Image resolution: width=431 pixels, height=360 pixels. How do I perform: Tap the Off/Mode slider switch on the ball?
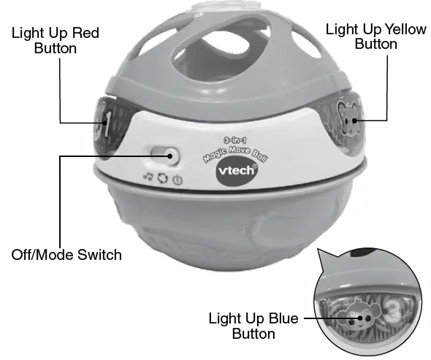pyautogui.click(x=164, y=154)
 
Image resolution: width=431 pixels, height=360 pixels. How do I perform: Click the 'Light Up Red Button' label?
pyautogui.click(x=55, y=40)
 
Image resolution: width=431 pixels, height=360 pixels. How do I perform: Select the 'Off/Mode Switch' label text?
pyautogui.click(x=66, y=256)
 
